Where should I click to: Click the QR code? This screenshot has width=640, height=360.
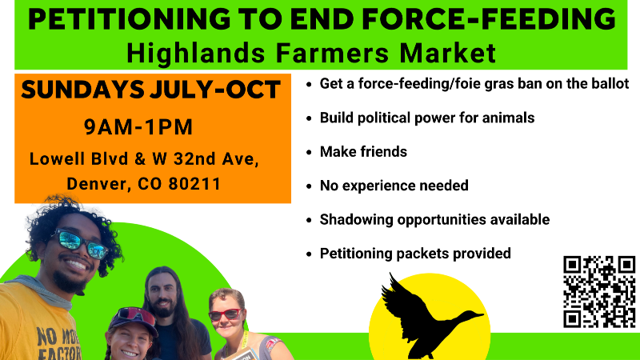pyautogui.click(x=599, y=292)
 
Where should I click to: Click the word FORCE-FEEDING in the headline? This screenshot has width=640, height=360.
pyautogui.click(x=489, y=18)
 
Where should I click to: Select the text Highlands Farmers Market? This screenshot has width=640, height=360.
pyautogui.click(x=311, y=53)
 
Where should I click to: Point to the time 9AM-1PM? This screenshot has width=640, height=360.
pyautogui.click(x=138, y=126)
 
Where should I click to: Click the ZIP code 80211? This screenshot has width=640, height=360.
pyautogui.click(x=194, y=184)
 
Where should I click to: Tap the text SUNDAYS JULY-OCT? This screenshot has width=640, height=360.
pyautogui.click(x=150, y=90)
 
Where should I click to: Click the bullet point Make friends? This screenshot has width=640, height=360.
pyautogui.click(x=363, y=152)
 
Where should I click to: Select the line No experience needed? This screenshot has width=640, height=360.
pyautogui.click(x=394, y=186)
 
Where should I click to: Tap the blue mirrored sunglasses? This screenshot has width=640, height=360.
pyautogui.click(x=82, y=243)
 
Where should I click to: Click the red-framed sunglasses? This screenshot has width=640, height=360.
pyautogui.click(x=225, y=314)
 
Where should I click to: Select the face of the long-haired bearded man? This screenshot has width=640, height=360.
pyautogui.click(x=162, y=294)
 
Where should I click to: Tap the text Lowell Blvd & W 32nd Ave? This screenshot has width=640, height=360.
pyautogui.click(x=144, y=158)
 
